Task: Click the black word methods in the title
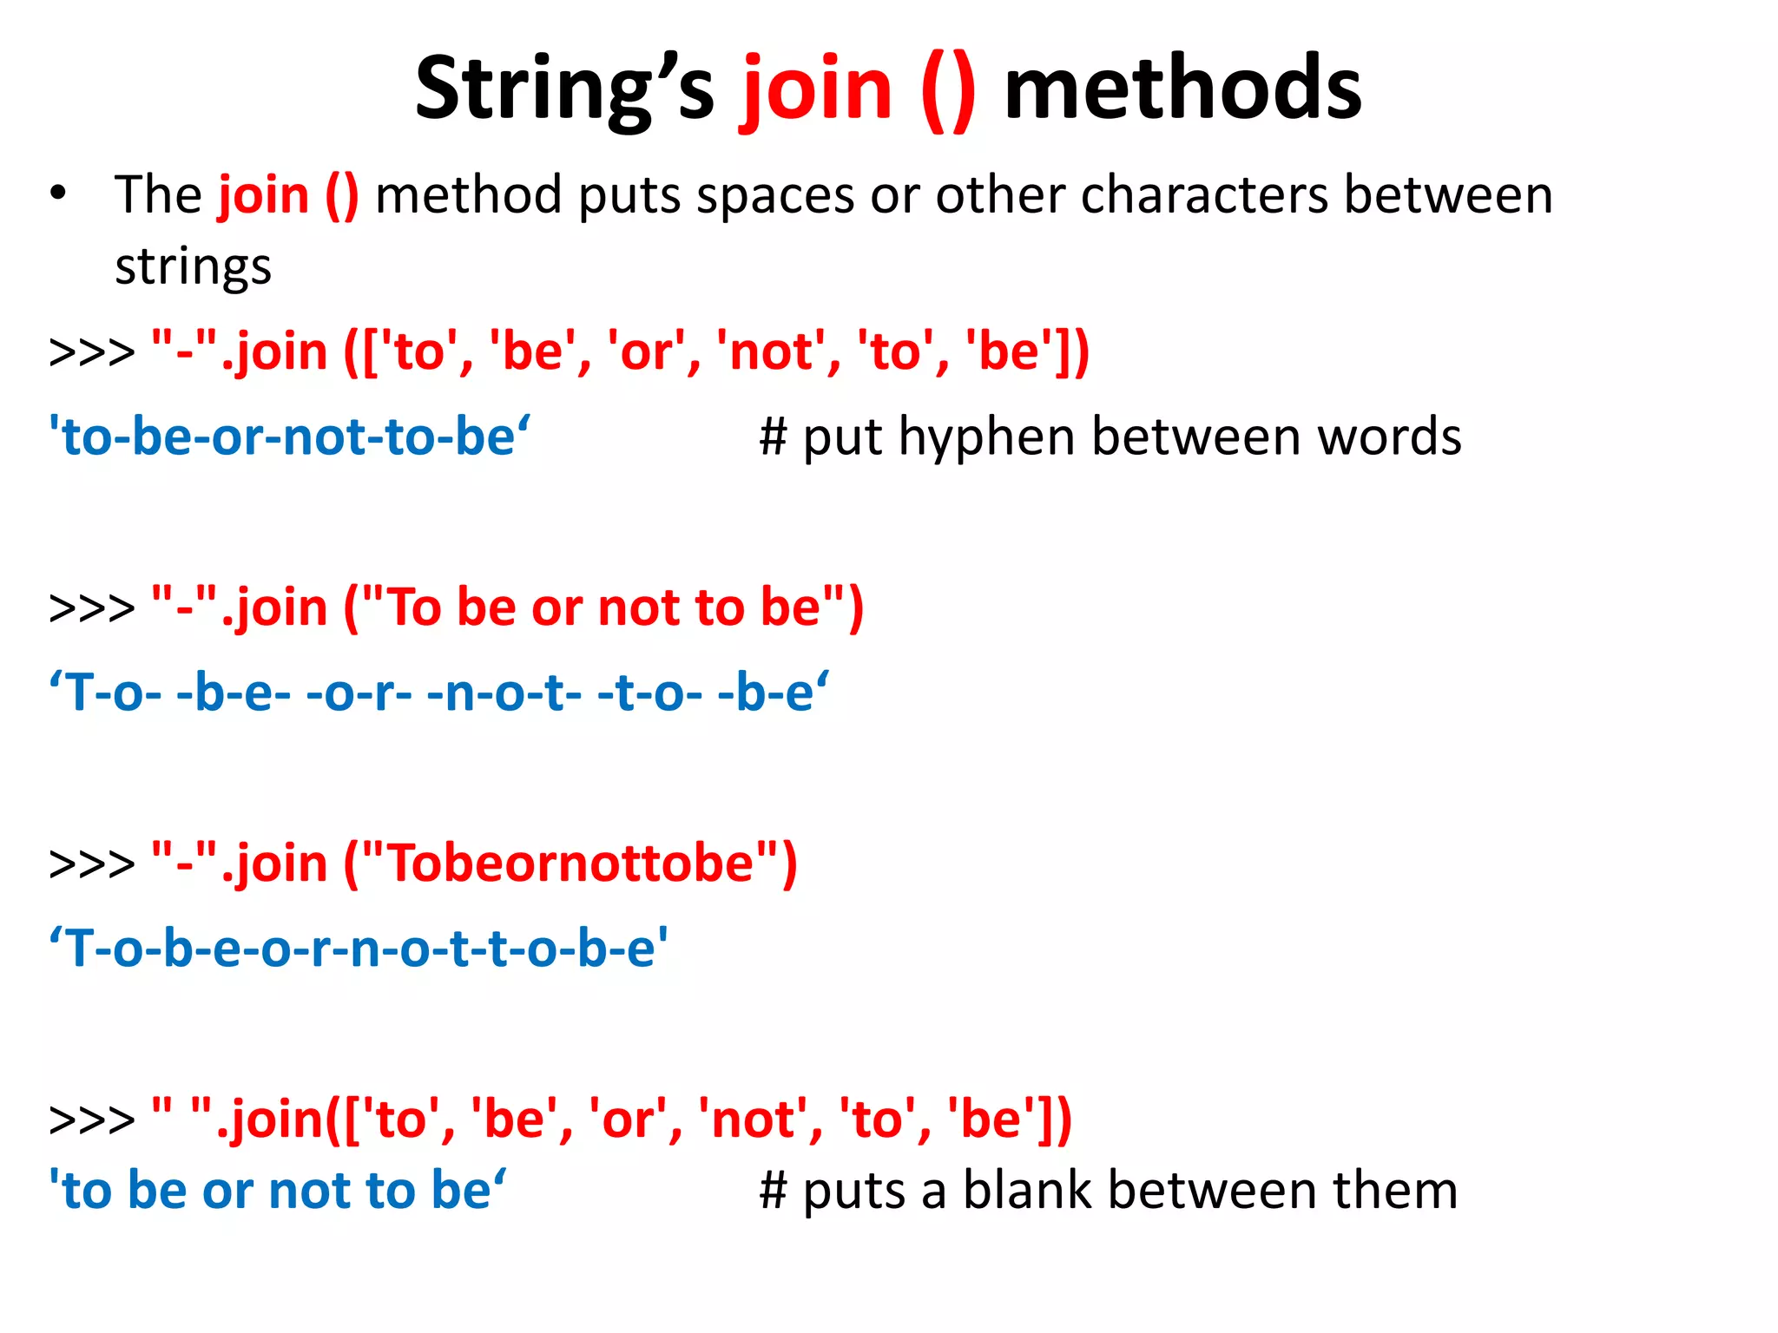coord(1182,89)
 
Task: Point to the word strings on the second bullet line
coord(193,266)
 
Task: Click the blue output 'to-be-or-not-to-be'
coord(289,437)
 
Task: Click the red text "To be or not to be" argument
coord(603,607)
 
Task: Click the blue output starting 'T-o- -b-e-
coord(438,693)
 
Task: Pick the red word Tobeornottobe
coord(570,863)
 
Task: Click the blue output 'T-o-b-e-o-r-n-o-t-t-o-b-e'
coord(359,948)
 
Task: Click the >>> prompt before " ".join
coord(92,1120)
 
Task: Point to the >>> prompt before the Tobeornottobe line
coord(92,864)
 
